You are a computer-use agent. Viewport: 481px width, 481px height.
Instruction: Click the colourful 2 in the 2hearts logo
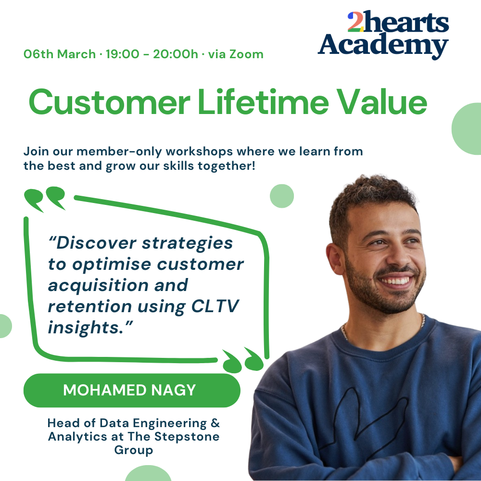tap(355, 22)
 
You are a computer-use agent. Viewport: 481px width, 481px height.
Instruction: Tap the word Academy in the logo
tap(383, 45)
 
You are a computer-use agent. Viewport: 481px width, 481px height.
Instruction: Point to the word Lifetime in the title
tap(263, 101)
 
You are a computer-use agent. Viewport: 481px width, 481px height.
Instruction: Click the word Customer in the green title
tap(110, 102)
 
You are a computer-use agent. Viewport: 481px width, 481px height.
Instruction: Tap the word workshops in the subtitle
tap(200, 152)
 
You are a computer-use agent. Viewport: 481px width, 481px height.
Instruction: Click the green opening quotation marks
tap(45, 199)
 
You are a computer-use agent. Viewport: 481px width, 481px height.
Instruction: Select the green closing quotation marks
tap(243, 360)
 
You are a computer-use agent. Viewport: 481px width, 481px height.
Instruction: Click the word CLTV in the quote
tap(215, 306)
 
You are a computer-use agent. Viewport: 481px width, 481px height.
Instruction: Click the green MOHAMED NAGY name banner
tap(132, 390)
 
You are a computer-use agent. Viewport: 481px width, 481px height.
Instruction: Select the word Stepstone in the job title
tap(187, 437)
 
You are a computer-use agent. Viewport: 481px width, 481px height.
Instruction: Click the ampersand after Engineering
tap(215, 423)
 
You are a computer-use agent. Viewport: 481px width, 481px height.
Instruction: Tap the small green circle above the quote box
tap(282, 196)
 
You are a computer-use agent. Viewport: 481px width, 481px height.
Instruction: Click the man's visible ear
tap(336, 258)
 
